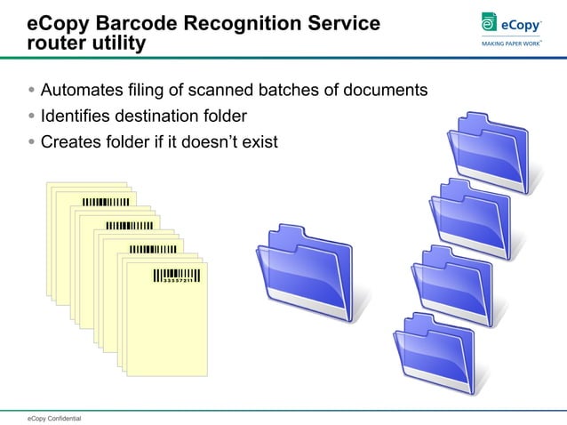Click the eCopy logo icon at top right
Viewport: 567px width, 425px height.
(x=488, y=23)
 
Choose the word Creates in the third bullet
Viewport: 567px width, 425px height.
(x=70, y=140)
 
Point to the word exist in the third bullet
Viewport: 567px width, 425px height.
(x=260, y=140)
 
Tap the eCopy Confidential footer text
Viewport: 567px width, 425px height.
(x=53, y=417)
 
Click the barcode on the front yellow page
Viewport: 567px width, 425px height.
(x=174, y=277)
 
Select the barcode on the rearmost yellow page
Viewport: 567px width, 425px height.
(x=105, y=202)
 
